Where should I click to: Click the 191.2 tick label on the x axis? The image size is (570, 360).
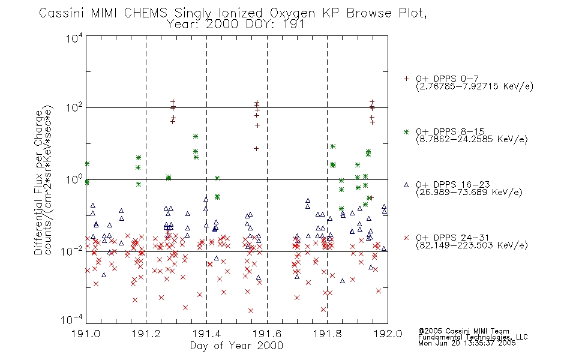(x=146, y=334)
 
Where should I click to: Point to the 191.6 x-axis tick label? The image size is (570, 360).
(x=267, y=334)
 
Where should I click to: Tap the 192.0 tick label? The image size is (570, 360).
(x=388, y=334)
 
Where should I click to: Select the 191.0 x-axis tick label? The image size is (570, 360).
(x=86, y=334)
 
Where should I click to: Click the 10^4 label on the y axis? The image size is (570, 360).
(x=74, y=38)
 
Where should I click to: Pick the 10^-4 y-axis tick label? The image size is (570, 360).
(x=71, y=320)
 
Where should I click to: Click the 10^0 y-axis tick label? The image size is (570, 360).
(x=74, y=179)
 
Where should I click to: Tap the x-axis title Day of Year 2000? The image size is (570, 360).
(x=236, y=346)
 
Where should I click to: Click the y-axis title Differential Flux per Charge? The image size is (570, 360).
(x=38, y=182)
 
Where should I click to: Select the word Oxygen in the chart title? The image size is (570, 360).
(x=292, y=13)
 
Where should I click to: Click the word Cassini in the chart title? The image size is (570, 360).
(x=61, y=13)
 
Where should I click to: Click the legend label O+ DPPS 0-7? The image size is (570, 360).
(x=447, y=79)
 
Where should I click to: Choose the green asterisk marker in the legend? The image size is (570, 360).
(x=406, y=132)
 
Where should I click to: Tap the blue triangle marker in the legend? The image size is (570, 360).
(x=406, y=185)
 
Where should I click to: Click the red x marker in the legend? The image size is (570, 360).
(x=406, y=238)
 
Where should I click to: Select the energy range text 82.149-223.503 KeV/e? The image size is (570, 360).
(x=472, y=245)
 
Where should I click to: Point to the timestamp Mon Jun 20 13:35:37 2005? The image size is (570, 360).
(x=467, y=343)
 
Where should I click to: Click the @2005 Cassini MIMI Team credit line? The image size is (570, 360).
(x=463, y=331)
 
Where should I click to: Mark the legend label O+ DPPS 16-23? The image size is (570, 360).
(x=453, y=184)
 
